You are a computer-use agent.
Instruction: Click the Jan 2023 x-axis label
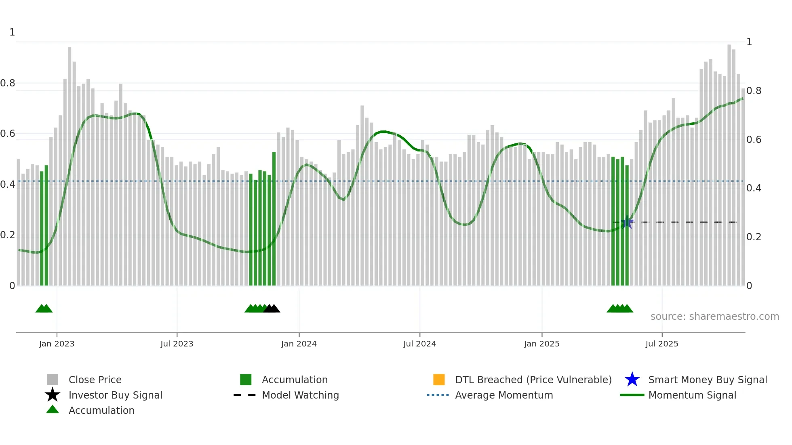coord(57,344)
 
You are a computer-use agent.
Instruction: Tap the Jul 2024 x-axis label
coord(419,344)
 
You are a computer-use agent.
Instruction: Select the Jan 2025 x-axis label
coord(541,344)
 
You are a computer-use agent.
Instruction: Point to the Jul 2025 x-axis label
coord(661,344)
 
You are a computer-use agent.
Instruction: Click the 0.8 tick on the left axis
coord(8,83)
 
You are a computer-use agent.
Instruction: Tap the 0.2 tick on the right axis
coord(754,237)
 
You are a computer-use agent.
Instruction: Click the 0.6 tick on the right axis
coord(754,140)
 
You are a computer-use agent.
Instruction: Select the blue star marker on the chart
coord(627,222)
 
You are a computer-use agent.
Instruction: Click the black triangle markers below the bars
coord(272,309)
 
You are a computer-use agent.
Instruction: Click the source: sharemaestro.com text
coord(714,316)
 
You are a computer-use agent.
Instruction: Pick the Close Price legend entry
coord(95,380)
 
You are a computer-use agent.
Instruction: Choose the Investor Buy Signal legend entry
coord(115,395)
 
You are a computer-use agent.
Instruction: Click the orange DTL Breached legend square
coord(439,380)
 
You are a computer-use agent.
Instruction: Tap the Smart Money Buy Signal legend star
coord(632,380)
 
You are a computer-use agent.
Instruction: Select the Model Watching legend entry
coord(300,395)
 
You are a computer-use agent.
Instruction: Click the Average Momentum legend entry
coord(503,395)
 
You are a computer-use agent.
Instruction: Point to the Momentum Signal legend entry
coord(692,395)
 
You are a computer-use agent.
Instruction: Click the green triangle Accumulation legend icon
coord(53,410)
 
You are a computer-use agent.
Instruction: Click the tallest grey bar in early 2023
coord(70,162)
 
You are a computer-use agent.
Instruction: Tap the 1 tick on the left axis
coord(12,32)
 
